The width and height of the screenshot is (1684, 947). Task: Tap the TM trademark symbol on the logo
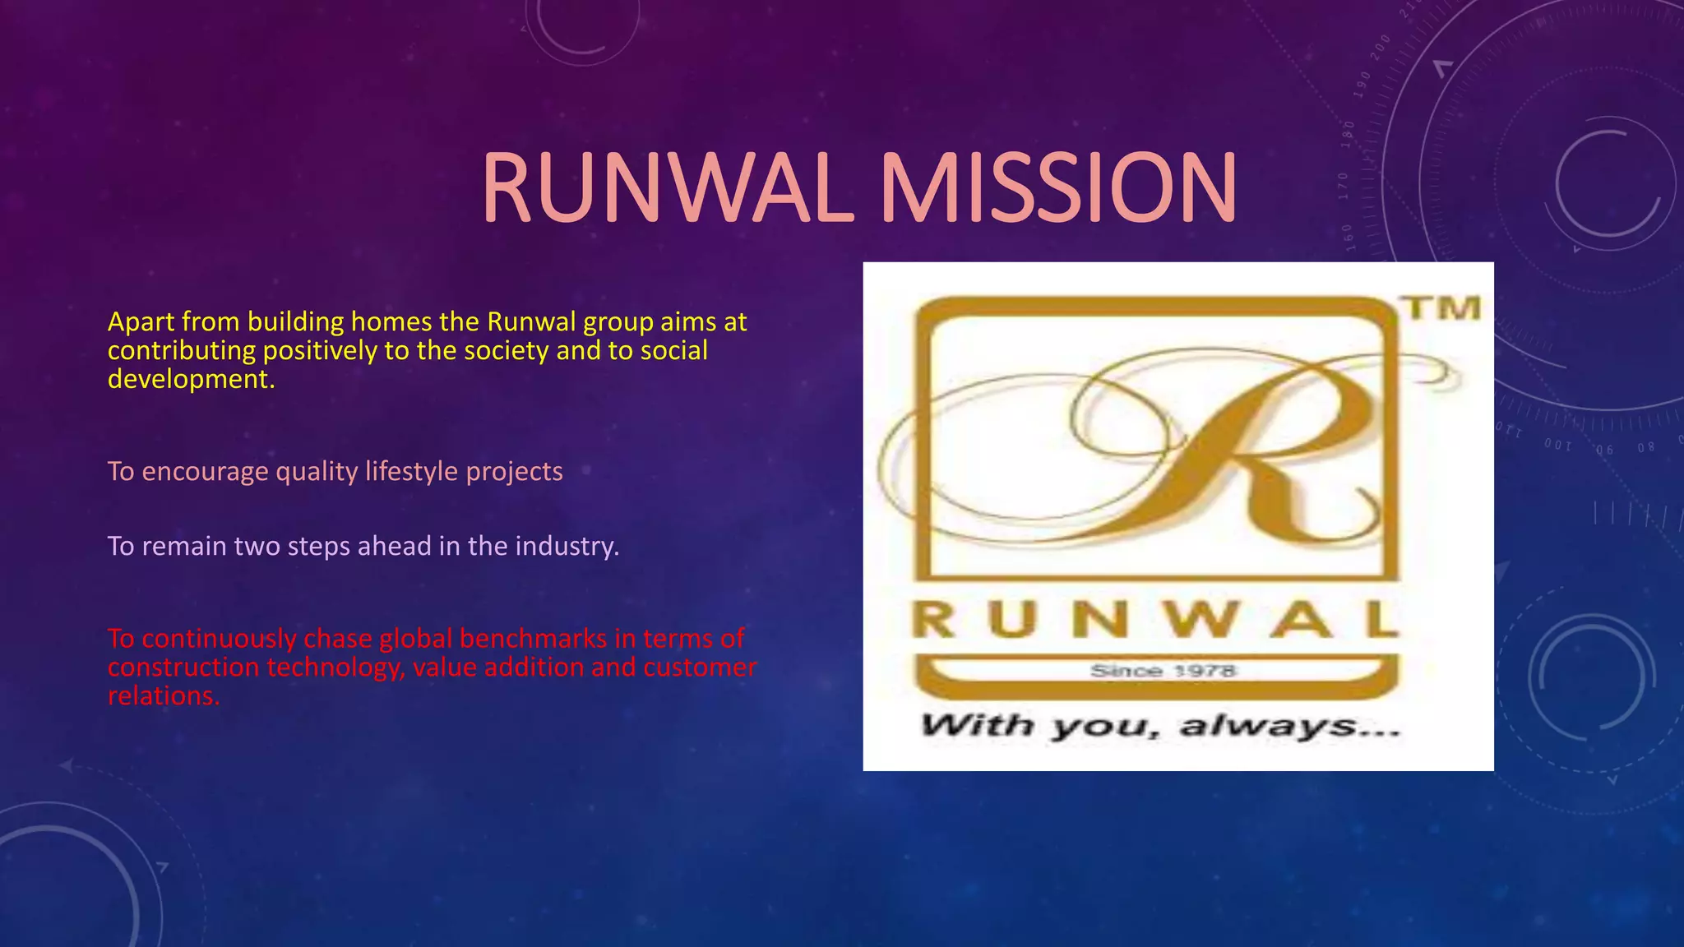[x=1443, y=308]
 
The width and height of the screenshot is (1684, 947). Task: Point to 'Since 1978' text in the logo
[x=1163, y=671]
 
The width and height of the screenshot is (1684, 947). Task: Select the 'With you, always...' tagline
[x=1159, y=726]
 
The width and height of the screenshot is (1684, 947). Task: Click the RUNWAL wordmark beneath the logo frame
[x=1154, y=620]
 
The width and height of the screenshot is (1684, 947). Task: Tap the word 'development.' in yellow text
[x=191, y=379]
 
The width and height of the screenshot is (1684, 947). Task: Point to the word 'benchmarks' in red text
[x=533, y=639]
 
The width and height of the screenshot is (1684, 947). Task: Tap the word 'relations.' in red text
[x=164, y=696]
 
